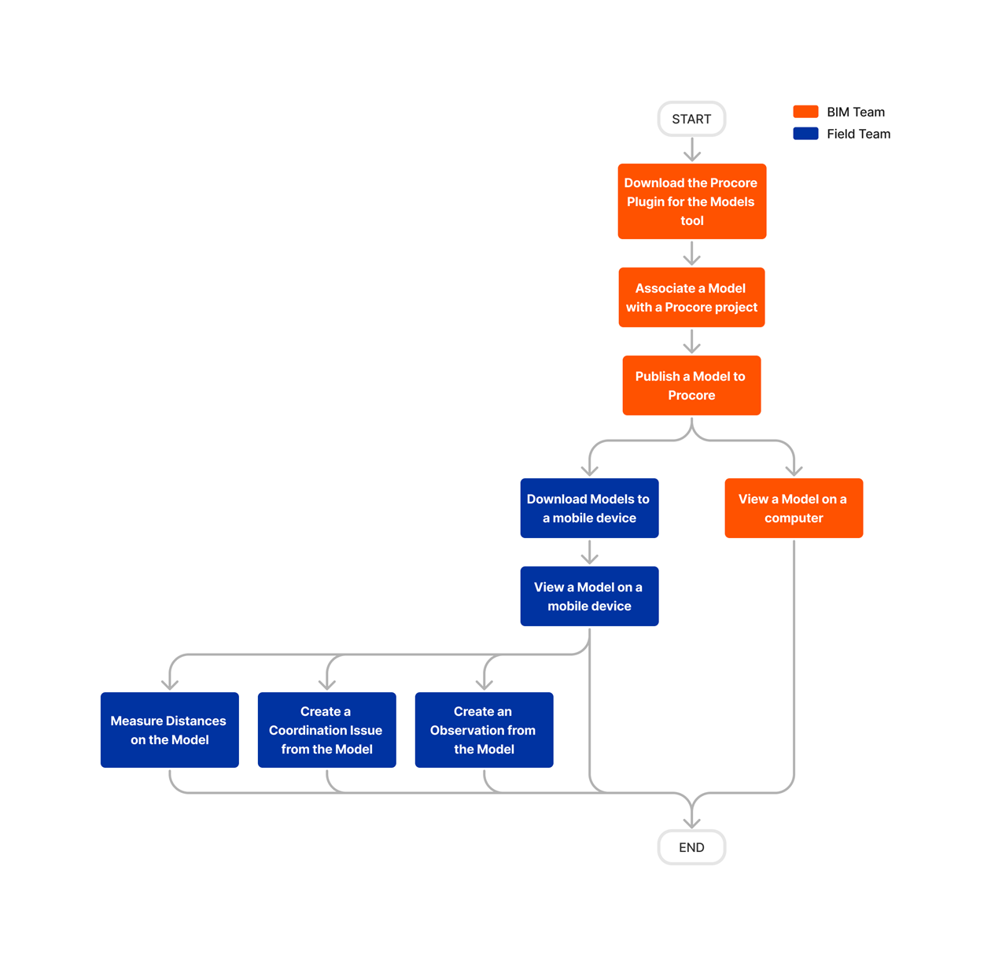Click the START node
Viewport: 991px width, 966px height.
691,119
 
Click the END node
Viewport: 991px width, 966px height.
691,847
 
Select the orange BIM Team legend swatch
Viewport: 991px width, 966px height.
805,112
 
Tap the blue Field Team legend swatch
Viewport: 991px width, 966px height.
805,134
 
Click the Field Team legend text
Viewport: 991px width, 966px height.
858,134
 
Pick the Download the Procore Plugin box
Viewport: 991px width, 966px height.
691,201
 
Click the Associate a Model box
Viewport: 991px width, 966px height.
691,297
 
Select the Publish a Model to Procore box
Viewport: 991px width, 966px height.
691,385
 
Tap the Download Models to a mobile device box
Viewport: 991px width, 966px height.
589,508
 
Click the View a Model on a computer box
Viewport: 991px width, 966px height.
794,508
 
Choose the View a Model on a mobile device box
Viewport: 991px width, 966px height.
589,596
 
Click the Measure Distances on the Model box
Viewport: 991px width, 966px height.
169,730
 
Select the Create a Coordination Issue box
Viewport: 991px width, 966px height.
326,730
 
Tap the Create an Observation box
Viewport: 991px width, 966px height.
484,730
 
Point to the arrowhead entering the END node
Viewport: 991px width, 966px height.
691,822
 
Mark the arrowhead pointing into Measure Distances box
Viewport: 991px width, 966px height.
170,684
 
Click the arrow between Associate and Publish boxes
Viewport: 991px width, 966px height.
691,341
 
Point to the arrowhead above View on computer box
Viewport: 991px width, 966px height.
794,470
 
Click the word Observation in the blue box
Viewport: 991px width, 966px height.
482,730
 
